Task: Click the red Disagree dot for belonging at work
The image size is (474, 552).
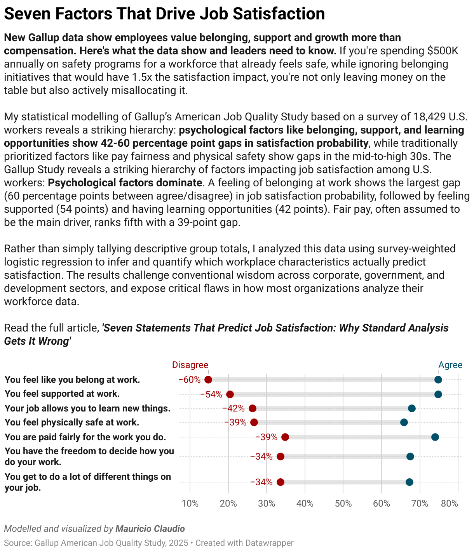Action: (208, 380)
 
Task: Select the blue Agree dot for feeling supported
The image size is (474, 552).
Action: (438, 394)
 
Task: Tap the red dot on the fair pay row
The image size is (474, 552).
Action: (285, 437)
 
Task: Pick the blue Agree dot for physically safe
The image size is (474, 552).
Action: (404, 422)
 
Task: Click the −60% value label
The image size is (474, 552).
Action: (190, 380)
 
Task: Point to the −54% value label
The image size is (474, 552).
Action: (211, 394)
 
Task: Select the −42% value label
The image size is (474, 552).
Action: (234, 408)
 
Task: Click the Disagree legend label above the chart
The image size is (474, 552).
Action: (190, 365)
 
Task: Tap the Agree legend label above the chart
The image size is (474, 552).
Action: (450, 365)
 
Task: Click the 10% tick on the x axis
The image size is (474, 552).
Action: (190, 503)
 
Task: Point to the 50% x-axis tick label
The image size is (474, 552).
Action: (343, 503)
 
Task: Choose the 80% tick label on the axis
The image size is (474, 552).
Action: (450, 503)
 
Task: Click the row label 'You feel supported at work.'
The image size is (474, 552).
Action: (62, 394)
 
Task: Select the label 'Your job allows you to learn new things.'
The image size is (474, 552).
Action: (87, 408)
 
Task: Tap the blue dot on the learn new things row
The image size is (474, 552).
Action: (412, 408)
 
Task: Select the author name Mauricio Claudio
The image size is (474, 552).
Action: (150, 529)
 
